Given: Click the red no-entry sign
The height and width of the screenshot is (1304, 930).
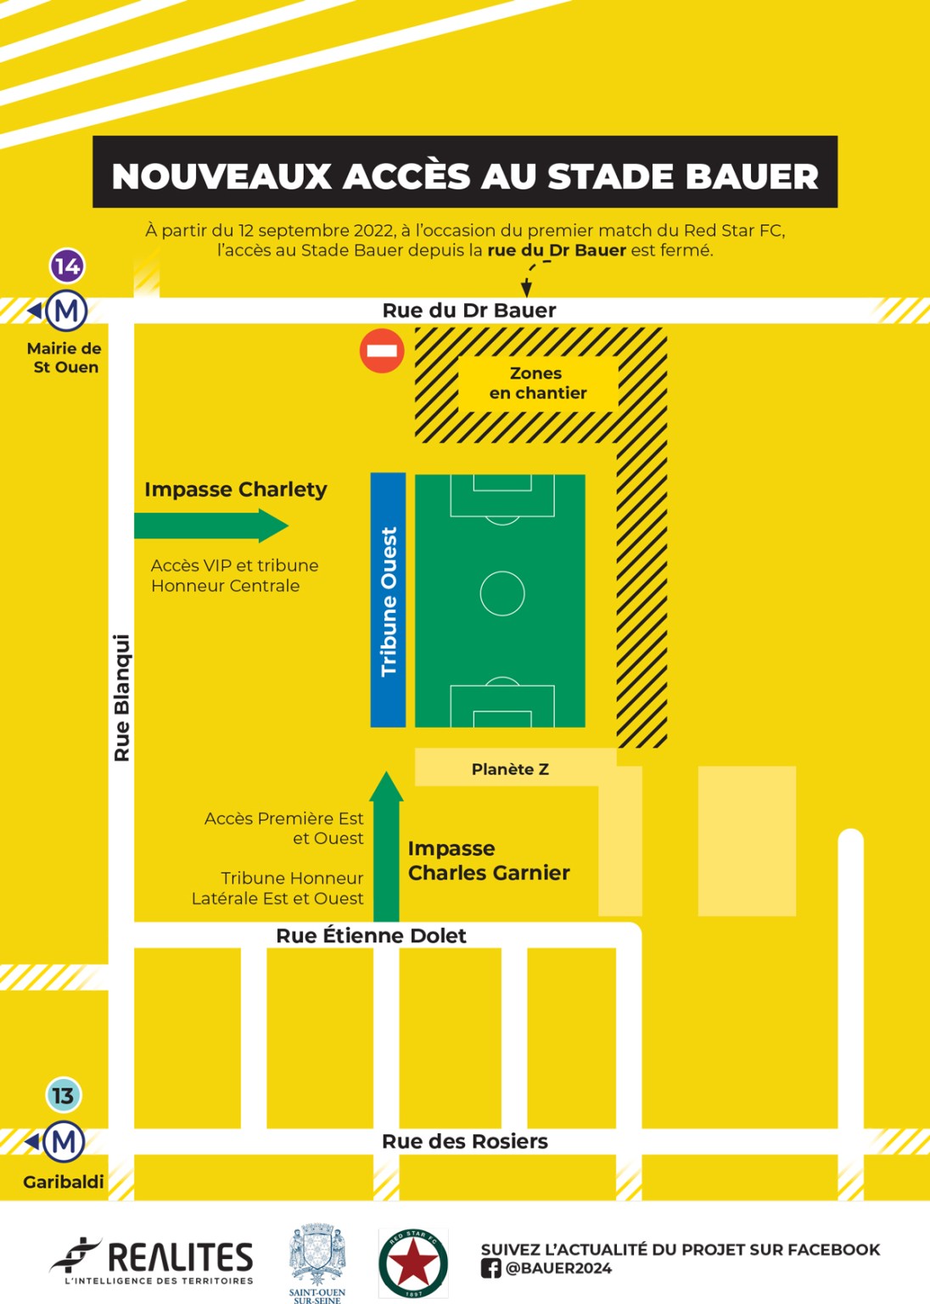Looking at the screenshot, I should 382,351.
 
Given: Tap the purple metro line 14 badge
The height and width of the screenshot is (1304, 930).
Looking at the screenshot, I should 67,266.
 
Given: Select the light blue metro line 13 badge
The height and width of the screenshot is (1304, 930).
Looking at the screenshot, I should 63,1095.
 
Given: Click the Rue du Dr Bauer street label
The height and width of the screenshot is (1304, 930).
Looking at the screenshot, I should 469,311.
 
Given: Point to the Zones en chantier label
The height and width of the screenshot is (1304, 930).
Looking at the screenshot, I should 537,383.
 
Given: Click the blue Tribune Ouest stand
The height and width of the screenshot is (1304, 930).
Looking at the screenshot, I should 388,600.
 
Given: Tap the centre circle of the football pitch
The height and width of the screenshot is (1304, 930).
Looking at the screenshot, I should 502,593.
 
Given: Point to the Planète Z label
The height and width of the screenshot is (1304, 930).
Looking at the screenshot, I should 510,769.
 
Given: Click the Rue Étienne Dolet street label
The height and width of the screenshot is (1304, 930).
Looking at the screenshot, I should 371,936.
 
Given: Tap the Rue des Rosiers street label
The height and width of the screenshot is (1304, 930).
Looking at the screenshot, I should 464,1141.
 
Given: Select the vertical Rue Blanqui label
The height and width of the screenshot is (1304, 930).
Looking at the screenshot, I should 122,698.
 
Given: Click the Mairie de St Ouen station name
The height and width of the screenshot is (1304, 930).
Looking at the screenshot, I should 64,357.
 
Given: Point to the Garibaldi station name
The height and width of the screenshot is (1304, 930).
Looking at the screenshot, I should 64,1182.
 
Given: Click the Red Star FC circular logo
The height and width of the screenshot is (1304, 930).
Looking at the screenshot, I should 413,1262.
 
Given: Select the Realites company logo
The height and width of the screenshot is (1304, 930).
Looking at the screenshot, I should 153,1260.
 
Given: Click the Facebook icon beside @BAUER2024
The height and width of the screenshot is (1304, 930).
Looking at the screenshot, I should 490,1268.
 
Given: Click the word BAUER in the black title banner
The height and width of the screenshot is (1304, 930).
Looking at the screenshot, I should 751,176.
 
